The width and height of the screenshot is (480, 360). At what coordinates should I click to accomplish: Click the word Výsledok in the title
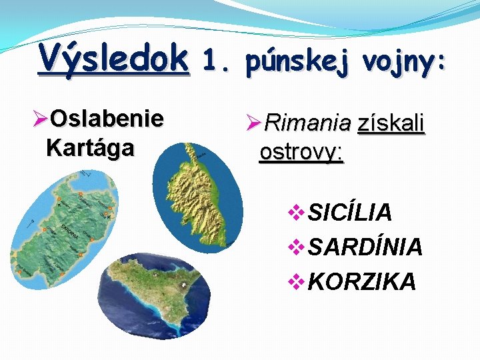[113, 58]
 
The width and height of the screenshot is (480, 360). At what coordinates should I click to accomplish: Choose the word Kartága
[90, 147]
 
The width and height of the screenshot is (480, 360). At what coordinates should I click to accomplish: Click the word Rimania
[307, 123]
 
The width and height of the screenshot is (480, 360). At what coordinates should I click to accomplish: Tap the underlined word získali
[391, 123]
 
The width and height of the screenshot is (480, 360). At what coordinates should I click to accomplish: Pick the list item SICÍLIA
[350, 213]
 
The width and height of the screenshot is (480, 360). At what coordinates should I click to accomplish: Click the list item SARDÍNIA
[365, 247]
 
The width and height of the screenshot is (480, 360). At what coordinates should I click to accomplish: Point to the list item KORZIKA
[362, 281]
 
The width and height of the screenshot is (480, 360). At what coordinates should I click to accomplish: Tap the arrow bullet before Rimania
[255, 123]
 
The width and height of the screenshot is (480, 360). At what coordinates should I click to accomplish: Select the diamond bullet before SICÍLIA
[297, 213]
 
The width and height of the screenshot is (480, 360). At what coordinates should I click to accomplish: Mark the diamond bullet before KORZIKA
[297, 282]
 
